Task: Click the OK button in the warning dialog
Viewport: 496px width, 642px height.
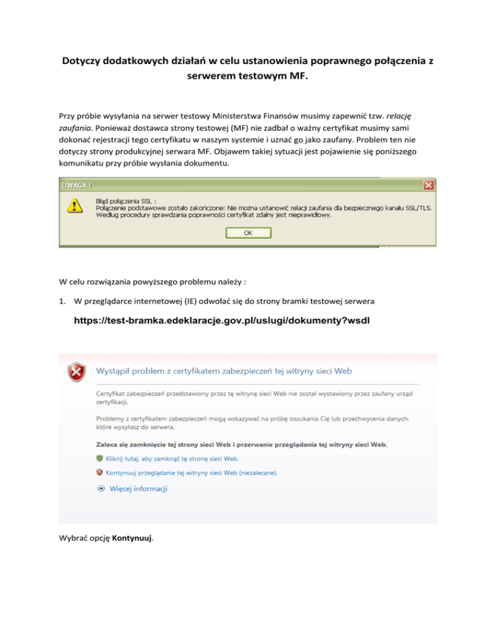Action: [248, 233]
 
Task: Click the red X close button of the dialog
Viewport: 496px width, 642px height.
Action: [428, 185]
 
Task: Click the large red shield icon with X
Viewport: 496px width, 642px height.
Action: [77, 373]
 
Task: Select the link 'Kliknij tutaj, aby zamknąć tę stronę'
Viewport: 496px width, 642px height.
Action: [167, 459]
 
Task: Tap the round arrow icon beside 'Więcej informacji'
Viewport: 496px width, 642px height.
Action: [100, 489]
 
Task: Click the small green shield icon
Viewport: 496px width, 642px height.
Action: [99, 458]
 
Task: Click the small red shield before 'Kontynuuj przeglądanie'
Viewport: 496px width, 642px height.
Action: [99, 473]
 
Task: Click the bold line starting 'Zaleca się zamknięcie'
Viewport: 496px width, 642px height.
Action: [242, 444]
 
